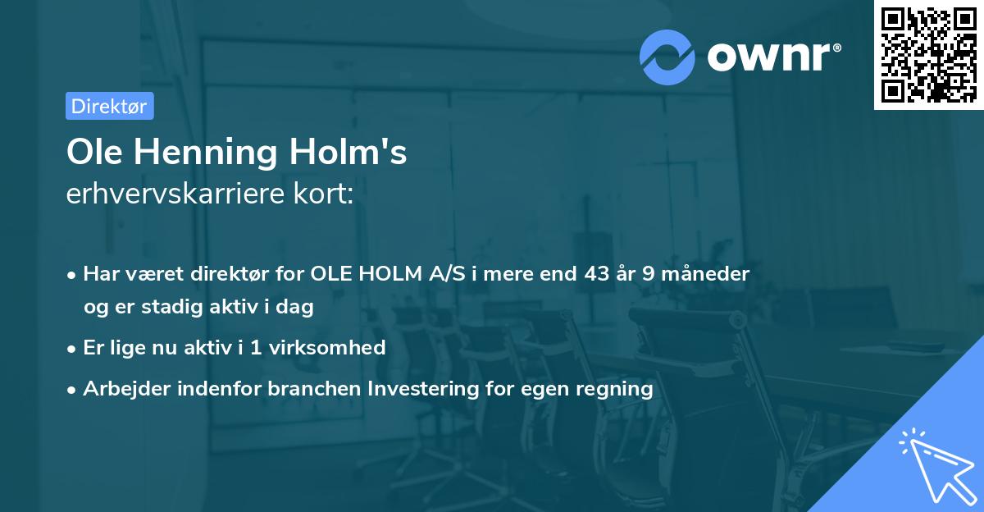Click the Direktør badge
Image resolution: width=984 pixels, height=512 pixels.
pos(109,106)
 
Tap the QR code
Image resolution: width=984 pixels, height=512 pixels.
pos(928,54)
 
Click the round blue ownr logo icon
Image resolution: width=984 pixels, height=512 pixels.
pos(667,57)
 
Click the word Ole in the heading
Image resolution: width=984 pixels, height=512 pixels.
pos(91,152)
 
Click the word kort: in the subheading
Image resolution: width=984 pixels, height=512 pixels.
pos(326,194)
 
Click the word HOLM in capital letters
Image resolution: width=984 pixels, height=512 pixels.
pos(388,274)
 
